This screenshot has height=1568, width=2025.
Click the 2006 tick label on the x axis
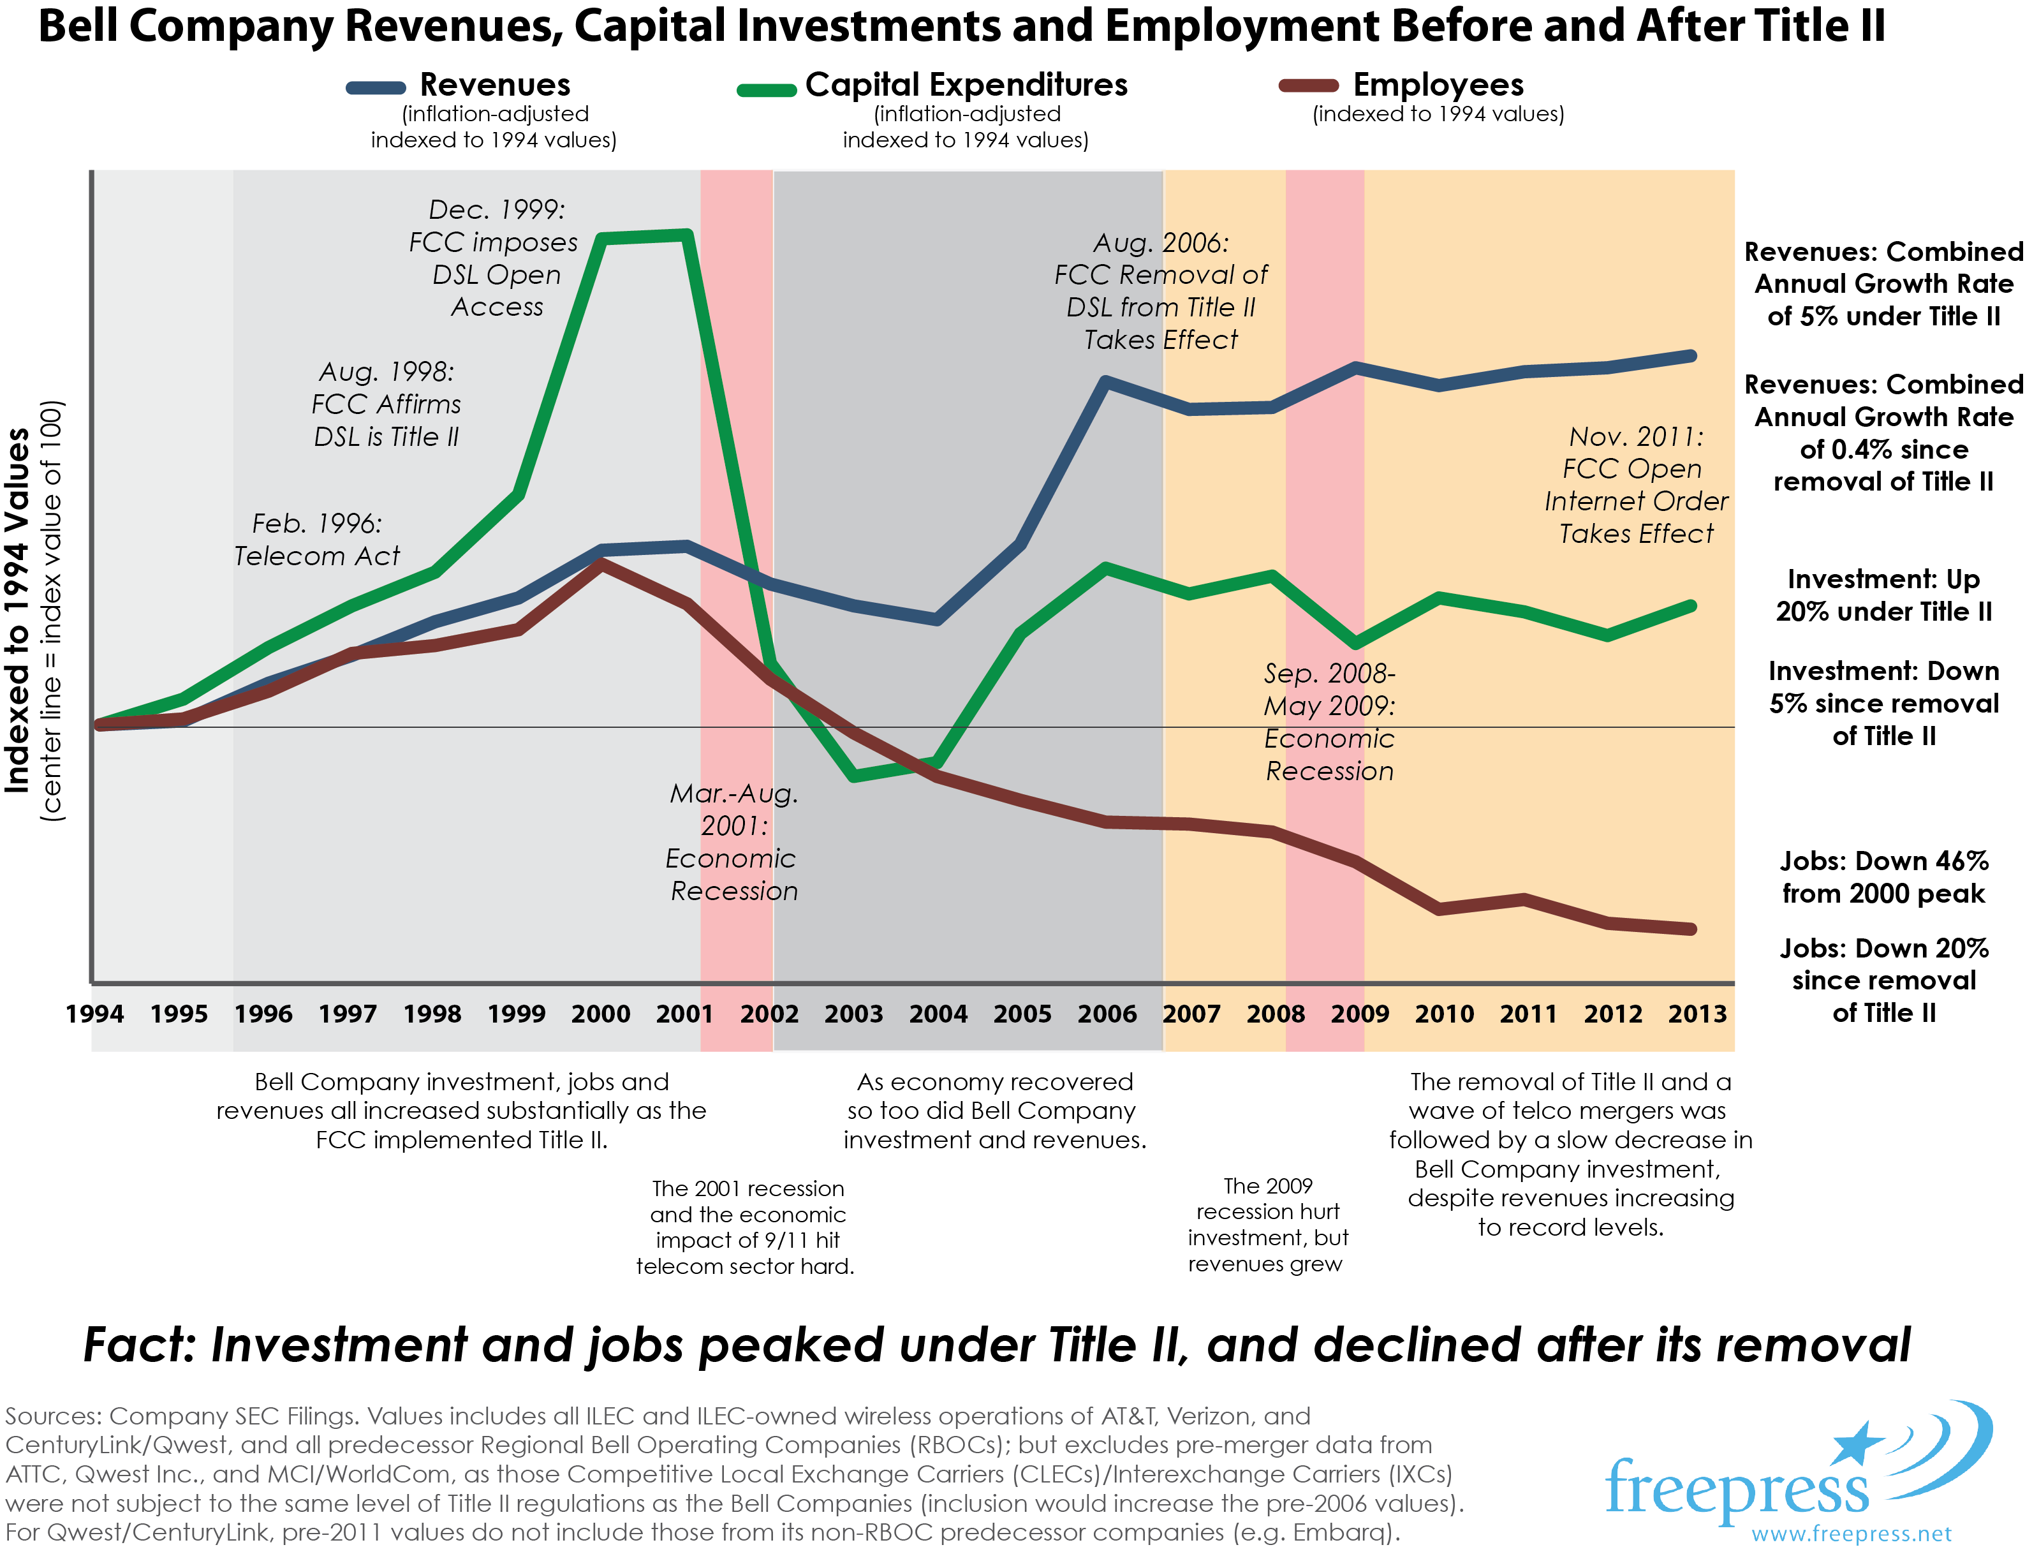1106,1014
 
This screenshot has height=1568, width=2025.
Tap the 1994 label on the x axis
94,1014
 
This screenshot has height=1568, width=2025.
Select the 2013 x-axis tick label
1697,1014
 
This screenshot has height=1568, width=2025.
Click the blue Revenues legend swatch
376,88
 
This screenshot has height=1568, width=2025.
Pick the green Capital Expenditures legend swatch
766,90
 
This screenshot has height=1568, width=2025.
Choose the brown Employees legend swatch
1308,86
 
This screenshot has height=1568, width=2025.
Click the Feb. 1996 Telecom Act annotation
316,540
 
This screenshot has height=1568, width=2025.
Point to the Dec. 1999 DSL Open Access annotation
494,258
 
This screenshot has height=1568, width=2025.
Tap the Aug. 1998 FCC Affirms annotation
386,404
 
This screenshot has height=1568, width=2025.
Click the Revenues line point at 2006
1105,381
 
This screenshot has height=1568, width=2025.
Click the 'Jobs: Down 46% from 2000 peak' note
1883,877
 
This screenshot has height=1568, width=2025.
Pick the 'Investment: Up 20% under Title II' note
1883,595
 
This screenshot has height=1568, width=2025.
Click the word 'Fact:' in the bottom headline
139,1345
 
